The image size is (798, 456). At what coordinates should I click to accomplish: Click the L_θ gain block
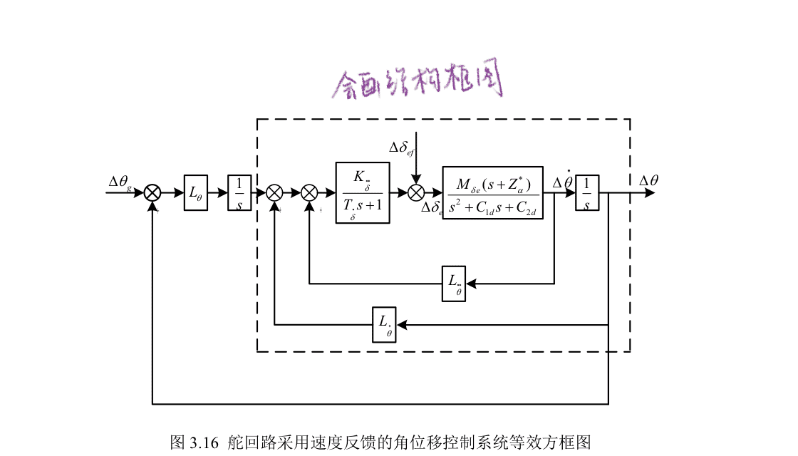196,192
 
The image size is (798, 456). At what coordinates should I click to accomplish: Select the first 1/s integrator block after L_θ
239,192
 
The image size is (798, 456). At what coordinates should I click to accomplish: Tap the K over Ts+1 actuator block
363,193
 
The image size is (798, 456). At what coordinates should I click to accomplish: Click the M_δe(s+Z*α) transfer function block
492,192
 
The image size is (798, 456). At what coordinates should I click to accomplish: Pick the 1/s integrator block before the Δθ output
587,192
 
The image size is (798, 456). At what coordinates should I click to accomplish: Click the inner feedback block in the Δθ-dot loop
454,284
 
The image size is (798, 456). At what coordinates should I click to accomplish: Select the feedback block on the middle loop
384,325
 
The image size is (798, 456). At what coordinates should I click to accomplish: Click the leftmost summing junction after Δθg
152,192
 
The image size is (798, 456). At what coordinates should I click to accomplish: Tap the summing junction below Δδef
417,192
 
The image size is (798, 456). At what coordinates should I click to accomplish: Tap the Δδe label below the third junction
431,208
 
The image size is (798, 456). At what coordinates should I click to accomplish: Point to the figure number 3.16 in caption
204,442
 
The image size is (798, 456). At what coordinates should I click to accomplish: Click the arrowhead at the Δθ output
649,192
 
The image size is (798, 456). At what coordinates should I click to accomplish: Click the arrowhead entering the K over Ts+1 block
331,192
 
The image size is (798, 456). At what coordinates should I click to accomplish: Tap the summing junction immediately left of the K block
309,192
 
